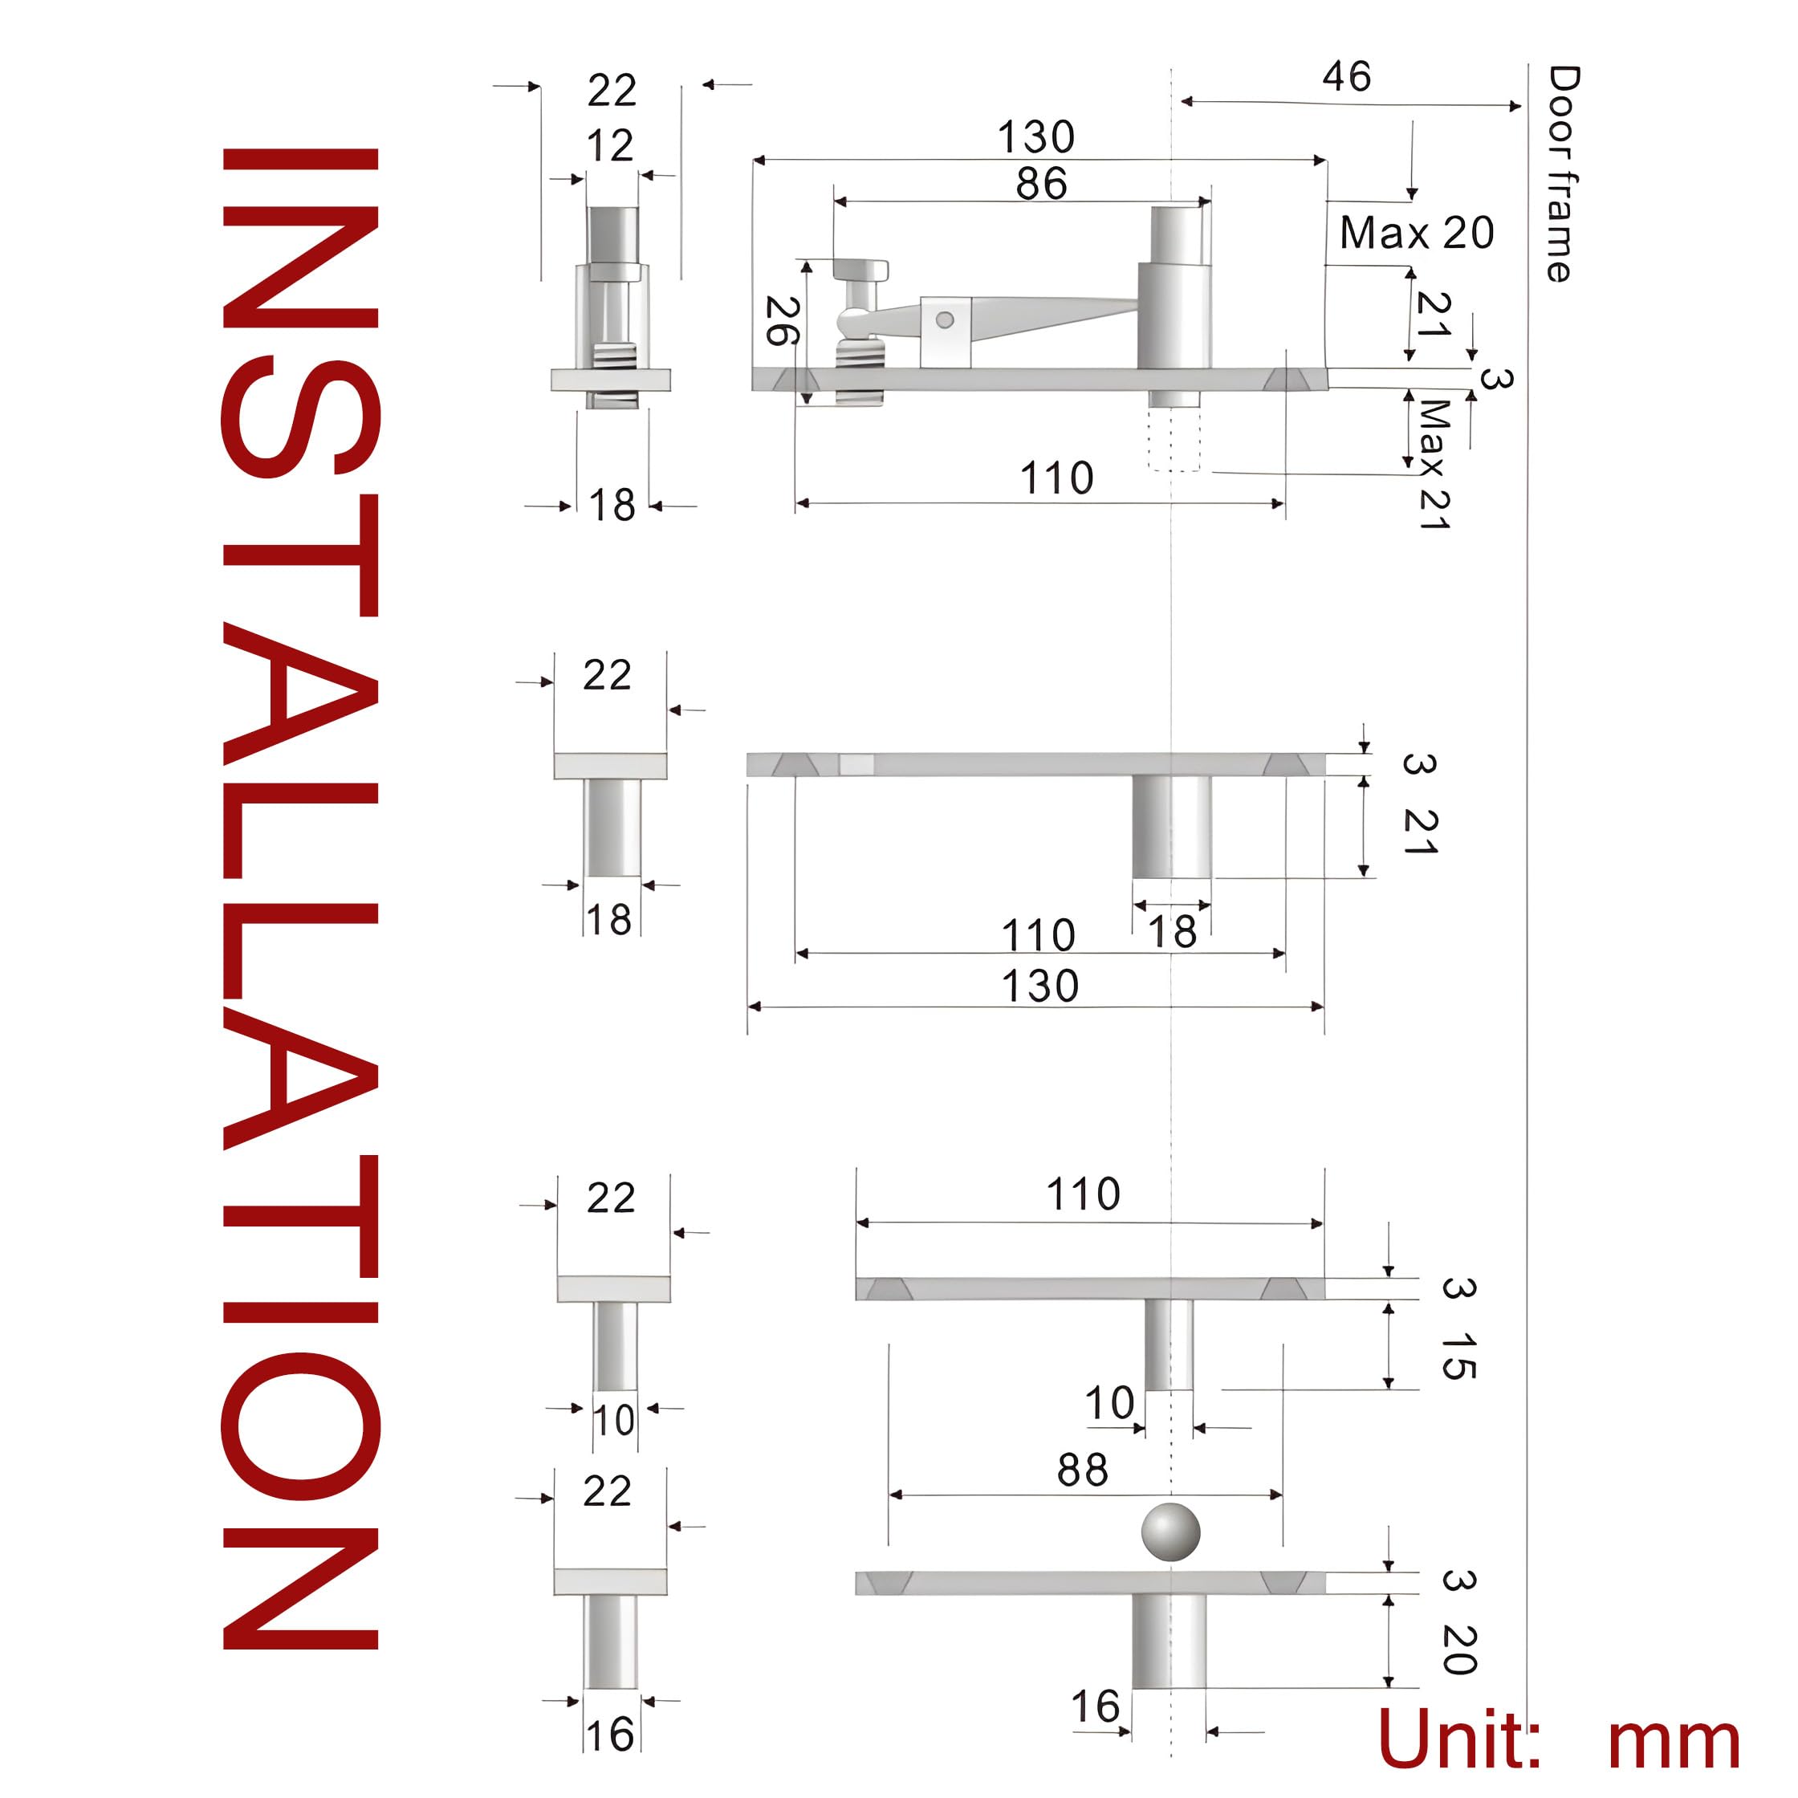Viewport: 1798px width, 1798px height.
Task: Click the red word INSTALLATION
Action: click(299, 898)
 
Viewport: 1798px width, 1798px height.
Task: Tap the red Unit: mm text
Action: click(1556, 1739)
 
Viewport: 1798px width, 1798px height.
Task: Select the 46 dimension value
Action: click(1346, 77)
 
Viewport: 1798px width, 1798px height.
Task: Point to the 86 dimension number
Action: click(1040, 185)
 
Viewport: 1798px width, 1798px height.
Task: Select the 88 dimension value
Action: click(1082, 1471)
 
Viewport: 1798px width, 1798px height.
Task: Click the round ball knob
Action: click(1170, 1531)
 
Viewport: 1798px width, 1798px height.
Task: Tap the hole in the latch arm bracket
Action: click(945, 320)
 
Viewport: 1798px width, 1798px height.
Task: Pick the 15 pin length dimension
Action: click(1458, 1356)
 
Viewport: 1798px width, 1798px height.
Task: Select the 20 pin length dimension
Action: click(1458, 1650)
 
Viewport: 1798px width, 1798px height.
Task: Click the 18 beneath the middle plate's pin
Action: click(1171, 932)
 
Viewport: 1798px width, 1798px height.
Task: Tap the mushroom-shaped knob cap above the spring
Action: click(860, 270)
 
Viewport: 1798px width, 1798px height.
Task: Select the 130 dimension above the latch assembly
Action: click(1035, 138)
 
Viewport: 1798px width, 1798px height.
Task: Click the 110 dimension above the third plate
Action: click(1082, 1194)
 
